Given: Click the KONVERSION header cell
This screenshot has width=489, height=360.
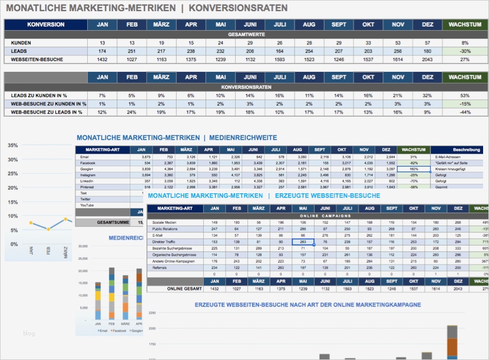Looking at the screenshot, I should tap(45, 25).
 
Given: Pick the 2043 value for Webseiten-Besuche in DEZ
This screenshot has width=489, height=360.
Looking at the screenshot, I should tap(427, 60).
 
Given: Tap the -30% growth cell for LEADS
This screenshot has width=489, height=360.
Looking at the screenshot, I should tap(465, 51).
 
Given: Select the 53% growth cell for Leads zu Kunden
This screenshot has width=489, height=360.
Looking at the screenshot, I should tap(465, 95).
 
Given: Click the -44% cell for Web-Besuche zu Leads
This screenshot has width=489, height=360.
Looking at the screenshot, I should tap(465, 112).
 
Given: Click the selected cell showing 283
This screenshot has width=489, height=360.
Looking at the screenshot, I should tap(302, 242).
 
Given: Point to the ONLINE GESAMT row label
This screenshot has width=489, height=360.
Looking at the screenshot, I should tap(184, 288).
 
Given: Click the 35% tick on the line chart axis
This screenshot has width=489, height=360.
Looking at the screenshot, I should tap(12, 145).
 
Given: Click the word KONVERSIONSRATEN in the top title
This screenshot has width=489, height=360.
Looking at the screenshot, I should tap(239, 8).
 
